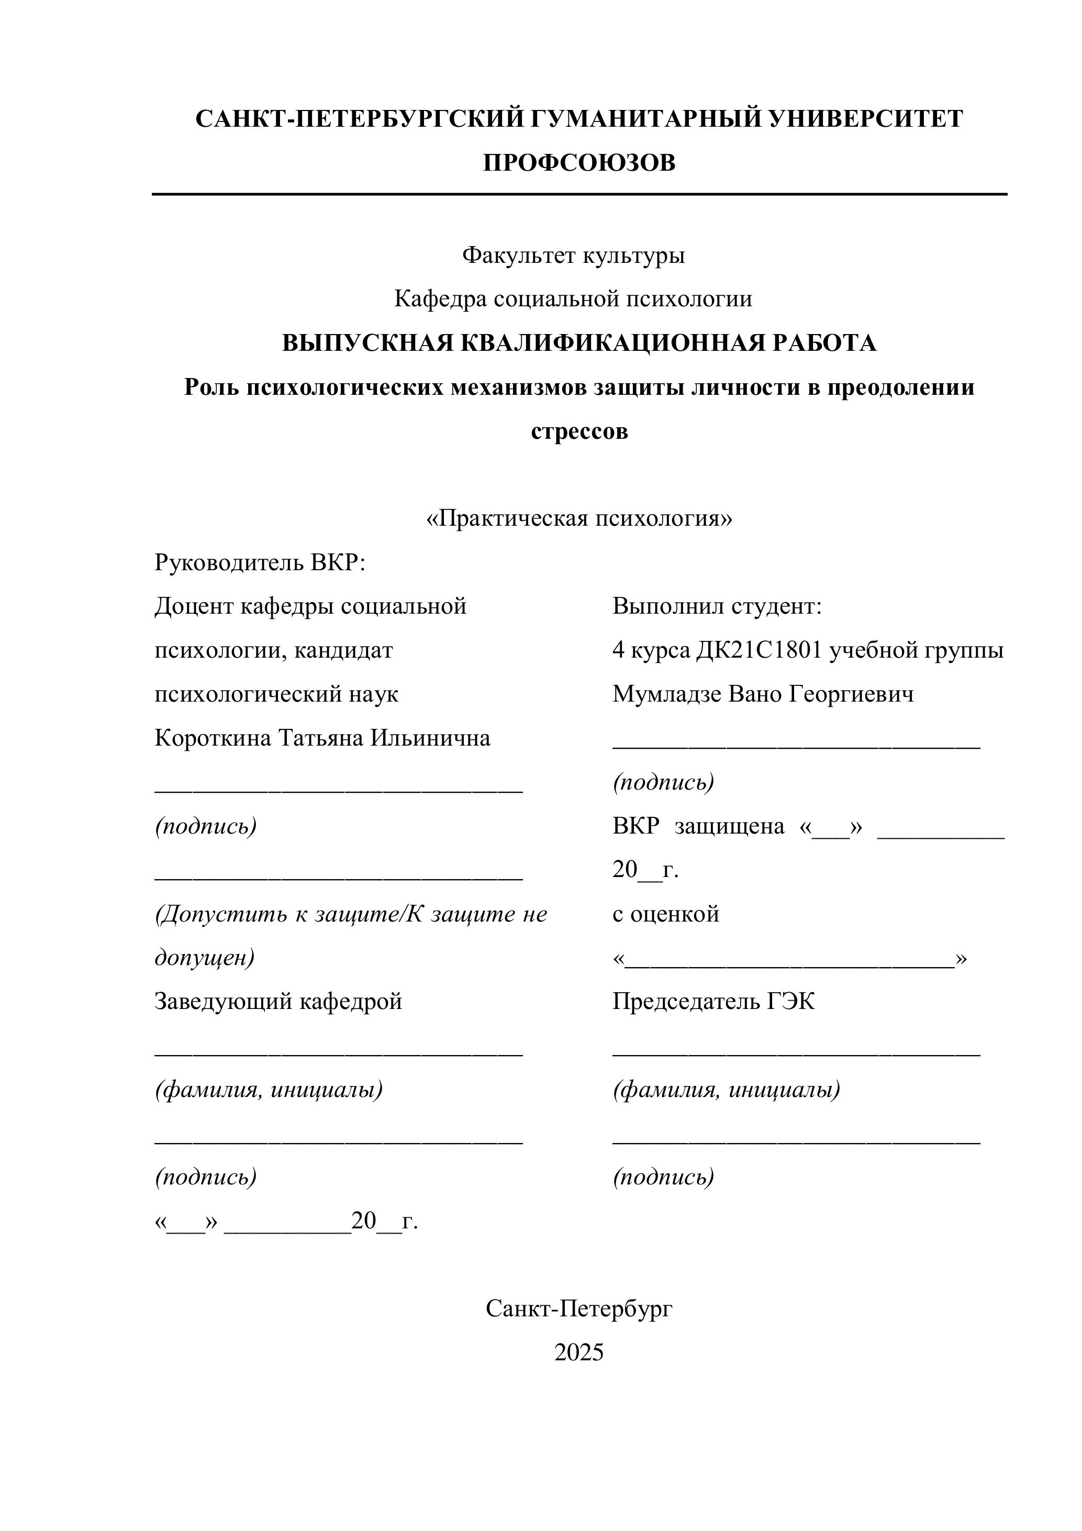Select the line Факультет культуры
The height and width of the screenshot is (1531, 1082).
coord(573,256)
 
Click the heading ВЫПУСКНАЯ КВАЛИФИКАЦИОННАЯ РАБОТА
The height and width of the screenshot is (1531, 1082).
coord(578,343)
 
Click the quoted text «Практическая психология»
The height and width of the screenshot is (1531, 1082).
coord(578,519)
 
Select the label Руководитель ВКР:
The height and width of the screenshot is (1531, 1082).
coord(260,563)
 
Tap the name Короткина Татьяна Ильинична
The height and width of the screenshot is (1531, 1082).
coord(322,738)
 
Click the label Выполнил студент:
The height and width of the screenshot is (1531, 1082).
coord(717,607)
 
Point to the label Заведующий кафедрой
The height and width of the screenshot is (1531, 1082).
coord(278,1001)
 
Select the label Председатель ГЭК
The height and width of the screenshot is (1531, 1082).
coord(713,1001)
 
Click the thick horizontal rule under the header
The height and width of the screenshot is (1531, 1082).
coord(578,194)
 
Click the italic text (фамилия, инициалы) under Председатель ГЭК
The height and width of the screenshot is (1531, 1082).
coord(726,1090)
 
